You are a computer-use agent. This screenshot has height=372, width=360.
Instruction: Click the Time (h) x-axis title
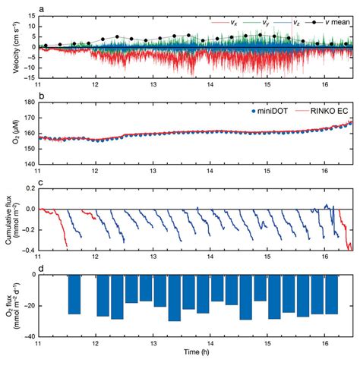[195, 353]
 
